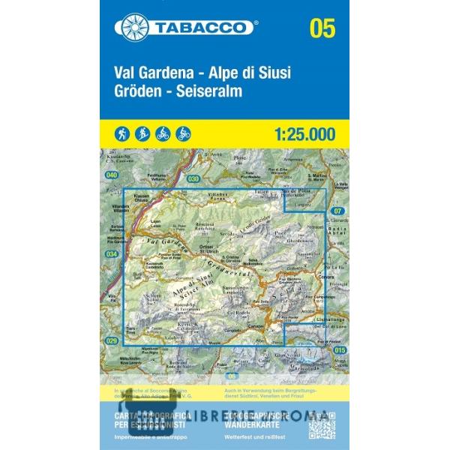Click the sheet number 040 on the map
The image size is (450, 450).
click(112, 175)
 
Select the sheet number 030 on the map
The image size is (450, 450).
click(193, 178)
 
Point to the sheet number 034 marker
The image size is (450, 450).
click(112, 254)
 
